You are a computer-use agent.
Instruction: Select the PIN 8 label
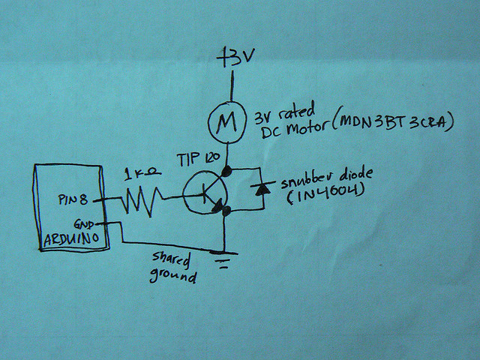(73, 201)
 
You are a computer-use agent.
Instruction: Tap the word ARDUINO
(72, 239)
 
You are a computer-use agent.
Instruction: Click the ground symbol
(223, 262)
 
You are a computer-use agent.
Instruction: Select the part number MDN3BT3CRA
(392, 122)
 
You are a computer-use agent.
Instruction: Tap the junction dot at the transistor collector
(225, 172)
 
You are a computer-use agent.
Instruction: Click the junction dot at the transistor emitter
(225, 214)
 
